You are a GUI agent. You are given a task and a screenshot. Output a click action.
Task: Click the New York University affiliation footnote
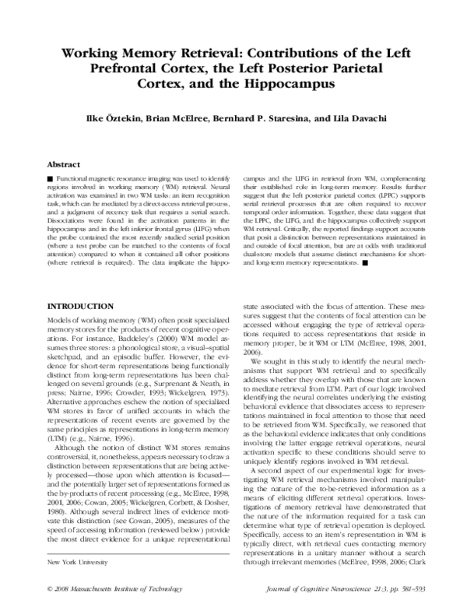79,562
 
